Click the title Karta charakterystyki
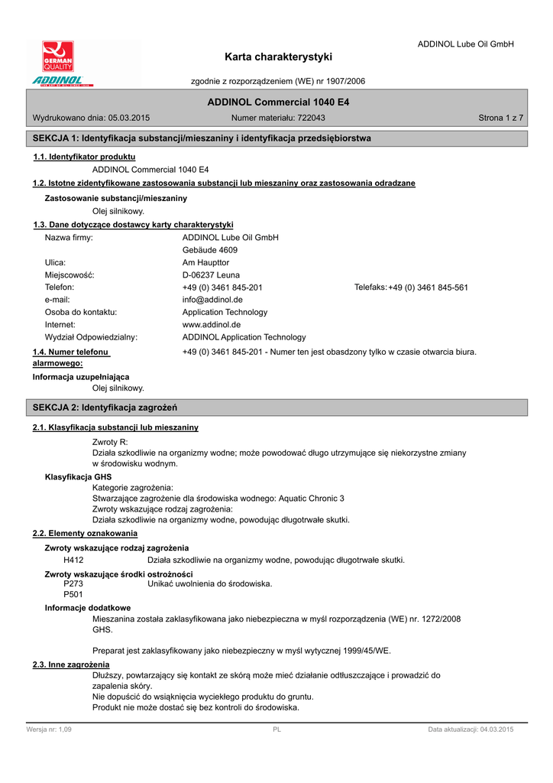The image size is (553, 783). click(279, 57)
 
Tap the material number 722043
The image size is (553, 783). click(311, 118)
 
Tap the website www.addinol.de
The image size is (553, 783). click(212, 324)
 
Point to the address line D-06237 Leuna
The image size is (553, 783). click(211, 275)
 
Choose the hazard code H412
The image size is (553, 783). click(73, 560)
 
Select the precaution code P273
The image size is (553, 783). click(73, 583)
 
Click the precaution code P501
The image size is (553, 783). click(73, 594)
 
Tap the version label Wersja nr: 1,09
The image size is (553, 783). click(49, 729)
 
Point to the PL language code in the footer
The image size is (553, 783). click(277, 729)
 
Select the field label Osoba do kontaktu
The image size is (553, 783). click(81, 312)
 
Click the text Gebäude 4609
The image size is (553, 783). click(210, 250)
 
